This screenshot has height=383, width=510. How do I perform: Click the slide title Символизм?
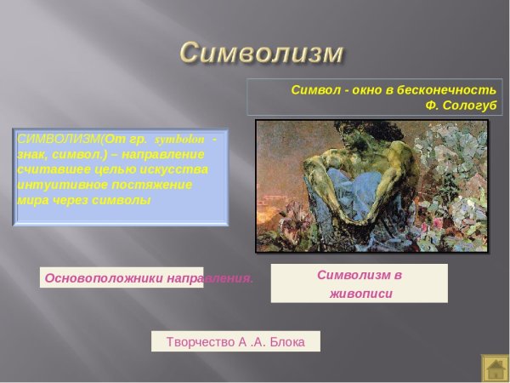(262, 52)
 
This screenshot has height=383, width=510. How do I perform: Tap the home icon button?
(495, 368)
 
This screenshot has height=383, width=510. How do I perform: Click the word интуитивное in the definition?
(54, 185)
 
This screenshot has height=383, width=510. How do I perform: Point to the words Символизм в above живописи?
(360, 275)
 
